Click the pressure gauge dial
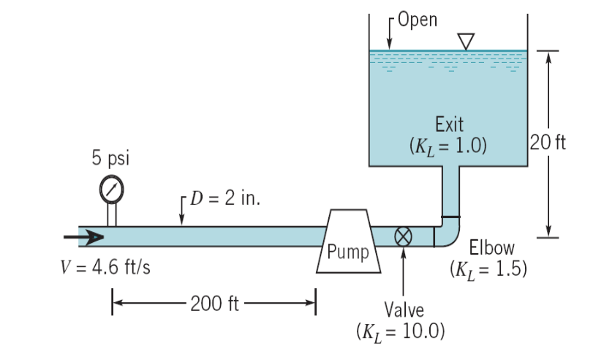(112, 188)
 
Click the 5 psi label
(111, 158)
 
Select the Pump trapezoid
(348, 242)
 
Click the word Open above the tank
(419, 20)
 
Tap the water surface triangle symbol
(465, 40)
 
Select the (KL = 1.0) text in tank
(448, 144)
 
